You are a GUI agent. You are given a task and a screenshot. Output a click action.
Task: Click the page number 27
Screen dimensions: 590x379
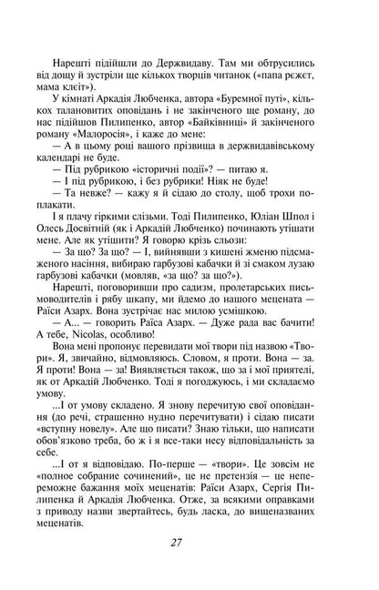189,544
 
